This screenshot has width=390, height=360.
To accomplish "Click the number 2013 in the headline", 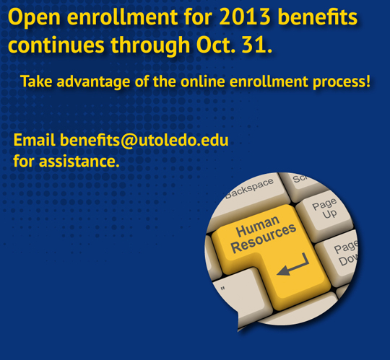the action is point(245,17).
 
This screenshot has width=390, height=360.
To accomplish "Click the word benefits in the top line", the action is point(318,17).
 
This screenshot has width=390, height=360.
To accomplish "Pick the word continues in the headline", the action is point(56,45).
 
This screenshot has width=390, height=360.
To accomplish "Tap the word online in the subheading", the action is point(203,82).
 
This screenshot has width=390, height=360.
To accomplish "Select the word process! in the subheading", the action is point(342,82).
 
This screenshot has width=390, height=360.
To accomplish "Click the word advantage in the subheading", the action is point(93,82).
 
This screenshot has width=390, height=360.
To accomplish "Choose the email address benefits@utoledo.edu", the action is point(144,141).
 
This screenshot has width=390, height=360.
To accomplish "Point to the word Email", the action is point(35,140).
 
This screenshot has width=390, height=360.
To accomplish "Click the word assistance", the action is point(79,162).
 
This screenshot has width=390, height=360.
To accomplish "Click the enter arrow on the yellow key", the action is point(293,265).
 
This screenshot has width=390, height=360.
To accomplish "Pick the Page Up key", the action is point(324,214).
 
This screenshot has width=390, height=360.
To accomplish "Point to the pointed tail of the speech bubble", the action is point(238,330).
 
